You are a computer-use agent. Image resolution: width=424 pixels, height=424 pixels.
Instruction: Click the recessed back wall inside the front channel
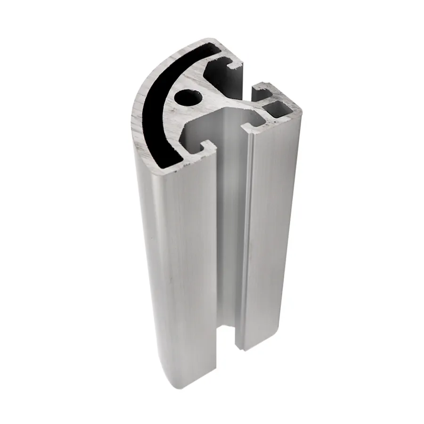(x=231, y=212)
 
